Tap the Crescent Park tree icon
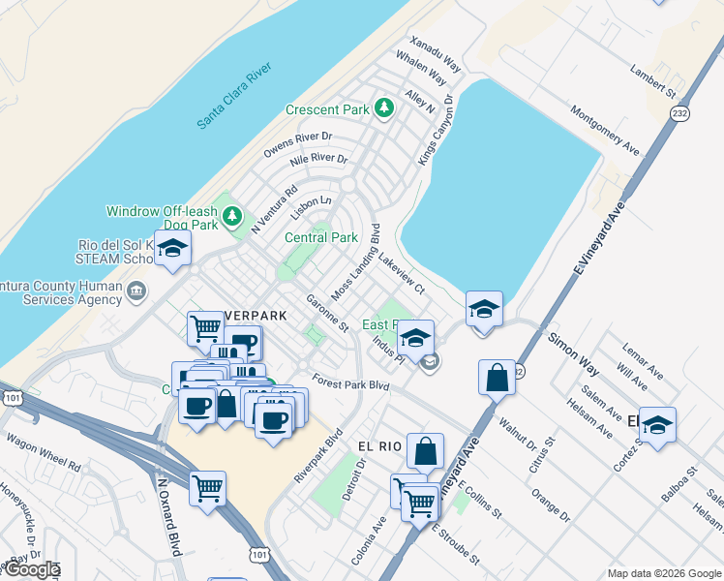tap(384, 107)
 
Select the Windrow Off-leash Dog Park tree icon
tap(232, 216)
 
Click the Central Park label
tap(320, 237)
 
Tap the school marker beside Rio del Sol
tap(172, 250)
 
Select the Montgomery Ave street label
tap(605, 132)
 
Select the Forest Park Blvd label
tap(349, 384)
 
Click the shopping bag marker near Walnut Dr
tap(497, 377)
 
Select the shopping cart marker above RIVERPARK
tap(205, 328)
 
